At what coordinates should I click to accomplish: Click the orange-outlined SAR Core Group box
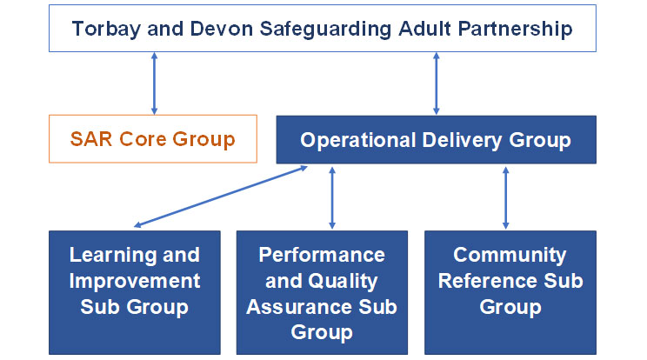coord(153,138)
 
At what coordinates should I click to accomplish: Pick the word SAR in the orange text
coord(91,138)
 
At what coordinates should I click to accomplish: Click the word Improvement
coord(135,281)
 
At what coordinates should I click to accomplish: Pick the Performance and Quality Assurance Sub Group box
coord(321,291)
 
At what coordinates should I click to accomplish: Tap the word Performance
coord(322,256)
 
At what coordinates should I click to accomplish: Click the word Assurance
coord(305,307)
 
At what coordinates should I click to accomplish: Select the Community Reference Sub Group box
coord(510,291)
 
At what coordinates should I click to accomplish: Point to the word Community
coord(510,256)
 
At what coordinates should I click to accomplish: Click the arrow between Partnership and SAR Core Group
coord(154,83)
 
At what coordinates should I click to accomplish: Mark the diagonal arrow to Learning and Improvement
coord(222,197)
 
